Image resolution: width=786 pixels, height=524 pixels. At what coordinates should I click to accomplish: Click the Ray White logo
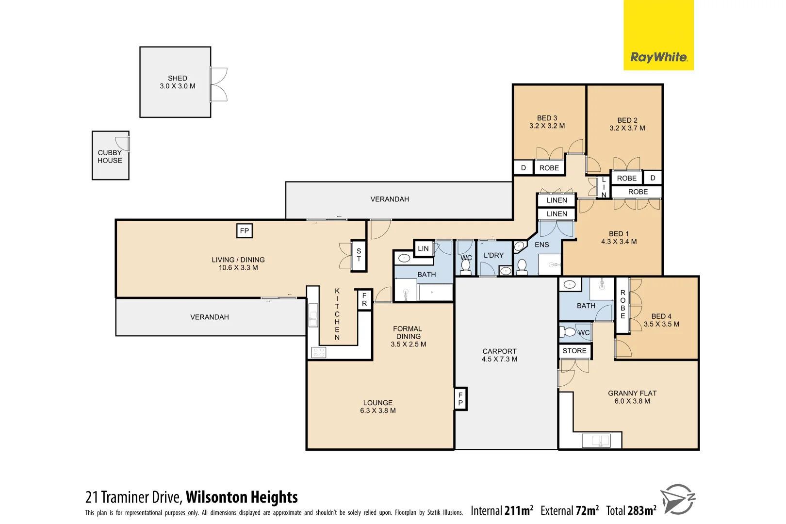[x=658, y=57]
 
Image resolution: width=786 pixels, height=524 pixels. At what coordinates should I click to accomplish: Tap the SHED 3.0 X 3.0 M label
[x=178, y=82]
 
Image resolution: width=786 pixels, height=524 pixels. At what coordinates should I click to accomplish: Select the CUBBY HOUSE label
[x=110, y=156]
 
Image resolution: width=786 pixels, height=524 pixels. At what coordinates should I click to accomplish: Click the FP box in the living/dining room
[x=245, y=231]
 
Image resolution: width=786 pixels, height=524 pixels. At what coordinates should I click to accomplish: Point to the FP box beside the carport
[x=460, y=399]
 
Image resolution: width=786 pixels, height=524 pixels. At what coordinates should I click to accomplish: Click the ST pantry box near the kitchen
[x=359, y=255]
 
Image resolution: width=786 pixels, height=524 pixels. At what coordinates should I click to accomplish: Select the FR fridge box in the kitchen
[x=364, y=299]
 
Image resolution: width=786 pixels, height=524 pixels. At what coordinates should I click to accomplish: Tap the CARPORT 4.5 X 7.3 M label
[x=499, y=355]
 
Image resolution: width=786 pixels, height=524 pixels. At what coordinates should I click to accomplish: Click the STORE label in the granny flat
[x=574, y=351]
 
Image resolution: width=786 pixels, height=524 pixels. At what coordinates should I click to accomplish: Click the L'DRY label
[x=493, y=255]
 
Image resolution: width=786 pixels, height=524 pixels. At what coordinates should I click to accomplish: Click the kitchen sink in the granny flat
[x=601, y=441]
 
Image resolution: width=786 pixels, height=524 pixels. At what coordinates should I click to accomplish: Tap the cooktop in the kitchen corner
[x=319, y=352]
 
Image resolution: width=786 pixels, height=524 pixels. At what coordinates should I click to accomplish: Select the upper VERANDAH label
[x=390, y=199]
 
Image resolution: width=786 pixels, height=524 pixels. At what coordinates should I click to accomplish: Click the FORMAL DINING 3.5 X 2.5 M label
[x=408, y=336]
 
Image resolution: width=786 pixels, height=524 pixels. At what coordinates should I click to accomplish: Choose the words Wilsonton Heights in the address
[x=242, y=497]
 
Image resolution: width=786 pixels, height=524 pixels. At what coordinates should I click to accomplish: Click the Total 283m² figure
[x=631, y=510]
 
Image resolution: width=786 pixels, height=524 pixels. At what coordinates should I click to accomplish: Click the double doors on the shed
[x=219, y=84]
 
